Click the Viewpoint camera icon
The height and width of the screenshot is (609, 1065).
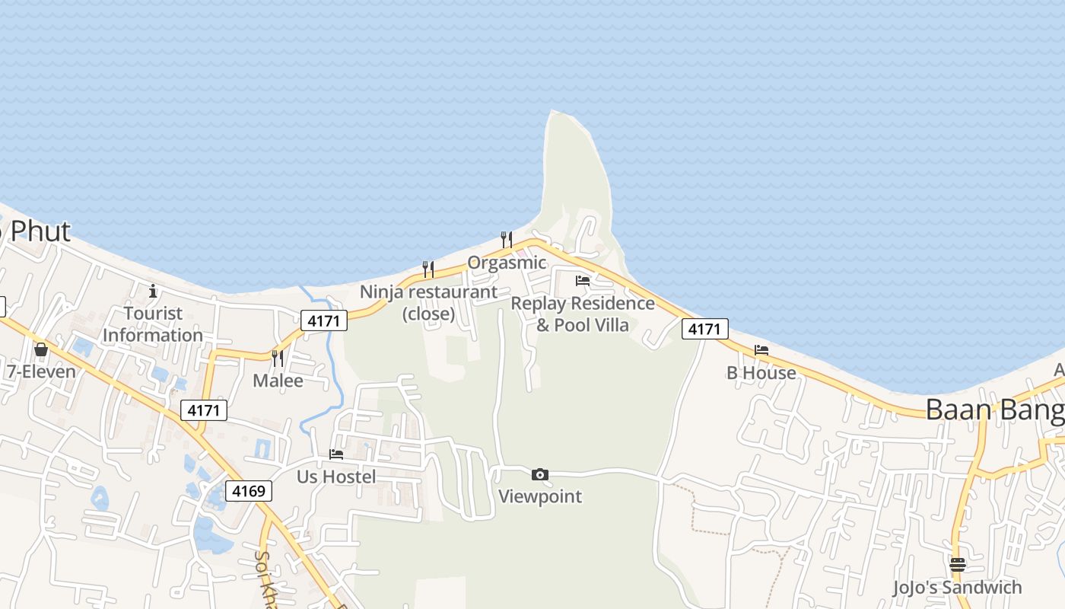click(540, 475)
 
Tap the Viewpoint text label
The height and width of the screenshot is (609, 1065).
click(540, 496)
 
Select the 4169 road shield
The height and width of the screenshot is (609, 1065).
click(249, 491)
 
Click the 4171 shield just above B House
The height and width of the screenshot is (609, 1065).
click(704, 329)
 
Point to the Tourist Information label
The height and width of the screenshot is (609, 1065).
click(153, 324)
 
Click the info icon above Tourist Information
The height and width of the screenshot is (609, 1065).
click(153, 291)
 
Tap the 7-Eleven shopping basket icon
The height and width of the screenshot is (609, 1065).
click(41, 349)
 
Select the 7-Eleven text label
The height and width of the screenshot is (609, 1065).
click(41, 371)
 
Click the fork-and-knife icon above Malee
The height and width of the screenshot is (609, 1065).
click(278, 358)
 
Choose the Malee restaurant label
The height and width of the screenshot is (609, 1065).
click(278, 381)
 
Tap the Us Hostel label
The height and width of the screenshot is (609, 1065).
click(336, 477)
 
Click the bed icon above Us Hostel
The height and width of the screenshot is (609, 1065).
click(336, 454)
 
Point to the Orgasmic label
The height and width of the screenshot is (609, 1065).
click(507, 263)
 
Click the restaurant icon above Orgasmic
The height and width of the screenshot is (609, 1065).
click(506, 240)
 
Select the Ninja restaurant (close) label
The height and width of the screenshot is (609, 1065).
click(428, 302)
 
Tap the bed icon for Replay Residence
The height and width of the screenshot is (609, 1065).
click(583, 281)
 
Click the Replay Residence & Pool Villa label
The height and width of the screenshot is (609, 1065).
click(583, 314)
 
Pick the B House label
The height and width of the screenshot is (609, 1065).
click(761, 372)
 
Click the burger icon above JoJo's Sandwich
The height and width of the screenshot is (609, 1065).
click(957, 565)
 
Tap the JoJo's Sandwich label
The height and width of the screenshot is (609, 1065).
click(957, 587)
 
